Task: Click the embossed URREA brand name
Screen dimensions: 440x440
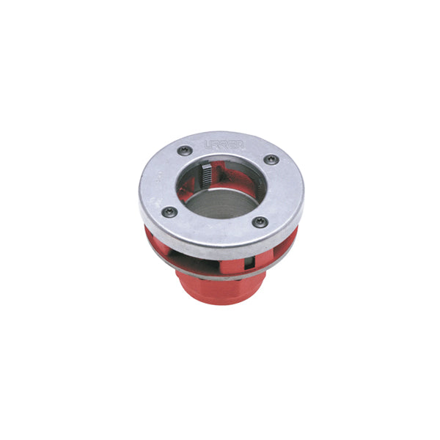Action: pos(223,144)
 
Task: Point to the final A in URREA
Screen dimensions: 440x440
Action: pos(238,145)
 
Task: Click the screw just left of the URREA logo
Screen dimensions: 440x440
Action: pos(186,150)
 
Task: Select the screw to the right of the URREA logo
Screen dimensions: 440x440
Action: pos(271,159)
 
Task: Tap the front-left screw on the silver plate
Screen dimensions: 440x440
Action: pos(169,211)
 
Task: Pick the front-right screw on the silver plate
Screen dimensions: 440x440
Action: pos(260,222)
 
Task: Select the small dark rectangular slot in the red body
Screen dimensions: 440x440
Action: pos(250,263)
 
